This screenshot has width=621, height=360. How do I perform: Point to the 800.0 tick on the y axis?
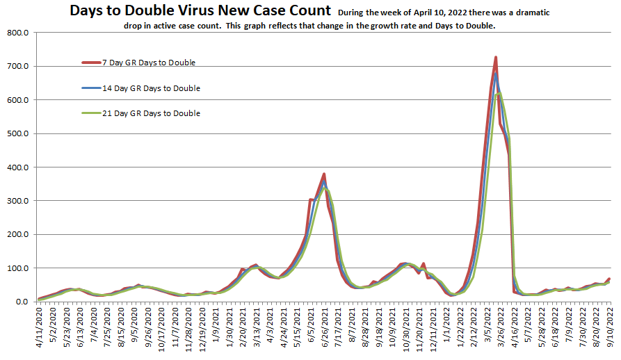click(16, 33)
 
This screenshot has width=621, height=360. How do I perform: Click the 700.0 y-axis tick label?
click(16, 67)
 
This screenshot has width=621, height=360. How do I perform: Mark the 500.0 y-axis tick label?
click(16, 133)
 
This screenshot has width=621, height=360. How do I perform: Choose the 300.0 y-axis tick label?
click(16, 201)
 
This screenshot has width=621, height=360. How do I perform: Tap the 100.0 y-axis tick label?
click(16, 268)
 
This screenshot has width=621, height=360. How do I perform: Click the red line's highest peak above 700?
click(495, 57)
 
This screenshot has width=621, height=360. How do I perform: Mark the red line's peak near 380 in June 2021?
click(324, 174)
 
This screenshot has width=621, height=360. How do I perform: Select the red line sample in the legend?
click(91, 63)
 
